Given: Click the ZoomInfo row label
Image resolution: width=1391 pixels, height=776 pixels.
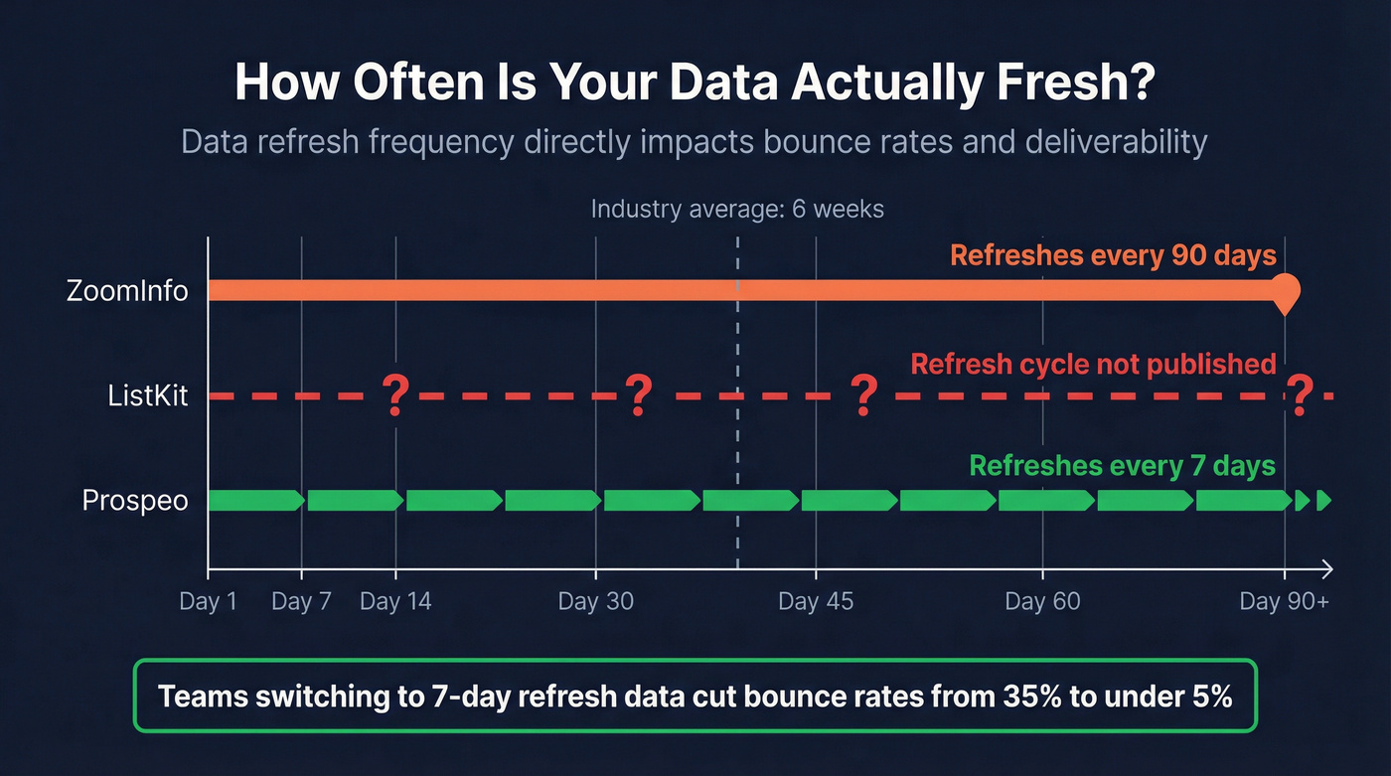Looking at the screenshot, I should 127,291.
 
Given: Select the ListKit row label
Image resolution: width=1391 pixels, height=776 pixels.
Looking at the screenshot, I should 148,395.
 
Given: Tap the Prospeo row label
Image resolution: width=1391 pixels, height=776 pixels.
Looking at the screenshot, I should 135,500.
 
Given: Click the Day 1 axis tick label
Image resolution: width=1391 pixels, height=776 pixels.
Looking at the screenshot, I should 208,602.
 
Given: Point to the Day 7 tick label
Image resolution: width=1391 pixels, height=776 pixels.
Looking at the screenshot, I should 301,602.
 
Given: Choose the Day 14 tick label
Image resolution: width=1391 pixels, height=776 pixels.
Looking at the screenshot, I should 395,602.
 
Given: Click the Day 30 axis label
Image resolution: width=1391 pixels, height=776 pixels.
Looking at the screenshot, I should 595,602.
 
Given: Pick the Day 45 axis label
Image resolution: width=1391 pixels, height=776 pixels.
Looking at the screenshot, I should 816,602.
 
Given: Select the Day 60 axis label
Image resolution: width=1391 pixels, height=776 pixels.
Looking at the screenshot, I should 1042,602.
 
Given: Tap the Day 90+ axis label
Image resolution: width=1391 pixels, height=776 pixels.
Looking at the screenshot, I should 1284,602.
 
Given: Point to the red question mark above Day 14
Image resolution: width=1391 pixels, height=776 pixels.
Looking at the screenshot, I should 395,395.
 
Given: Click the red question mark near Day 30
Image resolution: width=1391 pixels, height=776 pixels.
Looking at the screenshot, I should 638,395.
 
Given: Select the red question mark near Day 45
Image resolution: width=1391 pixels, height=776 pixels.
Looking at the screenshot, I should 864,395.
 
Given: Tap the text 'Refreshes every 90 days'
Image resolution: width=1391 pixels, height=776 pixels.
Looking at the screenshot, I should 1113,255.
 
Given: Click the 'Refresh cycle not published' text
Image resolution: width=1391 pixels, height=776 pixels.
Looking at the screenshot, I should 1093,364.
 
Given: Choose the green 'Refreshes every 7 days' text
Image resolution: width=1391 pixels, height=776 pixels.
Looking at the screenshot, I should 1122,466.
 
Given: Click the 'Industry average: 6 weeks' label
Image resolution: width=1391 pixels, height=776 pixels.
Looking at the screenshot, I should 737,210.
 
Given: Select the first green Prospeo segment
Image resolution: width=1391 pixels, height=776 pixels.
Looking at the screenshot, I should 255,500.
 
